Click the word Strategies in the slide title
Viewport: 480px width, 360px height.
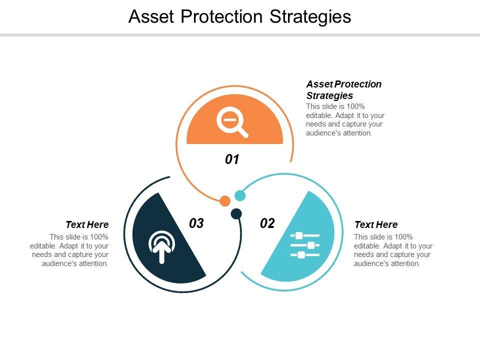pyautogui.click(x=310, y=17)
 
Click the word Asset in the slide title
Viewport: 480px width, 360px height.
pyautogui.click(x=151, y=16)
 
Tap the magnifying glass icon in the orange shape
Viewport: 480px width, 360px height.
pyautogui.click(x=232, y=122)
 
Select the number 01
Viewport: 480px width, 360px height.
pyautogui.click(x=232, y=159)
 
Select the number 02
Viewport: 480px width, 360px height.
pyautogui.click(x=267, y=223)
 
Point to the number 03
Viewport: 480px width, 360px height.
pyautogui.click(x=196, y=223)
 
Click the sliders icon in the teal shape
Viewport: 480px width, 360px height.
pyautogui.click(x=305, y=245)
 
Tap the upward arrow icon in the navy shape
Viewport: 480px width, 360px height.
pyautogui.click(x=161, y=247)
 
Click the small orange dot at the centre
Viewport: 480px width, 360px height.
pyautogui.click(x=225, y=201)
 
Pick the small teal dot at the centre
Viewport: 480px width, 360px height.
pyautogui.click(x=240, y=195)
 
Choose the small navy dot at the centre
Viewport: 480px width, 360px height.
pyautogui.click(x=236, y=213)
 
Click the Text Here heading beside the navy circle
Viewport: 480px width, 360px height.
pyautogui.click(x=87, y=224)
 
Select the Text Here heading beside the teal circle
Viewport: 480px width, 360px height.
pyautogui.click(x=376, y=224)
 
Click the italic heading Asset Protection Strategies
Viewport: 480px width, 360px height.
pyautogui.click(x=344, y=89)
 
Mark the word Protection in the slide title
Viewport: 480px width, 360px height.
pyautogui.click(x=221, y=16)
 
